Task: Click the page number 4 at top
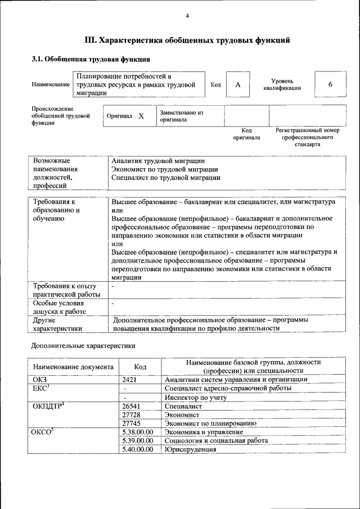coord(187,15)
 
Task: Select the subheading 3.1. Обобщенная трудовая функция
coord(90,58)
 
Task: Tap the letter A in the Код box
coord(238,84)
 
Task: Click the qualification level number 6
coord(330,84)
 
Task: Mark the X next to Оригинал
coord(141,116)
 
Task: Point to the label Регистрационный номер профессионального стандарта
coord(307,137)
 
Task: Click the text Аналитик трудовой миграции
coord(158,161)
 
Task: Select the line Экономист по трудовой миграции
coord(164,169)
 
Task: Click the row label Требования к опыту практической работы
coord(66,290)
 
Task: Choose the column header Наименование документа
coord(73,367)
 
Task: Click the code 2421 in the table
coord(130,380)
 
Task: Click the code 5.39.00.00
coord(137,440)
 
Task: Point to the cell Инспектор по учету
coord(195,397)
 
